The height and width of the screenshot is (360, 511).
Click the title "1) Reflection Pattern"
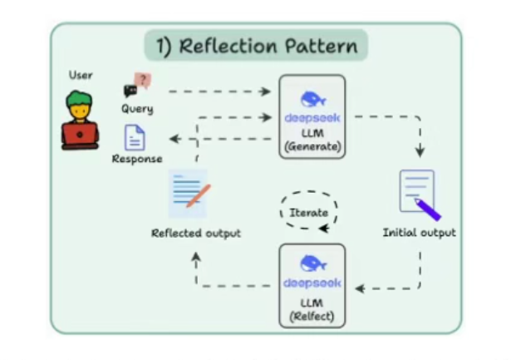[x=255, y=46]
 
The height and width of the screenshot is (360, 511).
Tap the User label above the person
[x=81, y=76]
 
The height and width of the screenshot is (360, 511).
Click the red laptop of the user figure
[x=80, y=135]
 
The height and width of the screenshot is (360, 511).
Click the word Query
[x=137, y=109]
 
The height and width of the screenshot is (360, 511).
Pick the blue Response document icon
[x=135, y=137]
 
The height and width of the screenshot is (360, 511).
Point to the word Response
[x=137, y=158]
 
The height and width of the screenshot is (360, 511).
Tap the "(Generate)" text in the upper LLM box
[x=312, y=147]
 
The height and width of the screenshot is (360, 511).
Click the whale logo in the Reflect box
[x=312, y=261]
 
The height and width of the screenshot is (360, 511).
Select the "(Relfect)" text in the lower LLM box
[x=312, y=316]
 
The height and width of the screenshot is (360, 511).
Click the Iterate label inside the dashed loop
[x=308, y=212]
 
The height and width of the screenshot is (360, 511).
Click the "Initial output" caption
[x=419, y=233]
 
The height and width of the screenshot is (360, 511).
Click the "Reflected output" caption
[x=196, y=233]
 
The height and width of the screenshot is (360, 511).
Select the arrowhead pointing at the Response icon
[x=166, y=139]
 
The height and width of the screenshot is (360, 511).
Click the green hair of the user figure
[x=81, y=99]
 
